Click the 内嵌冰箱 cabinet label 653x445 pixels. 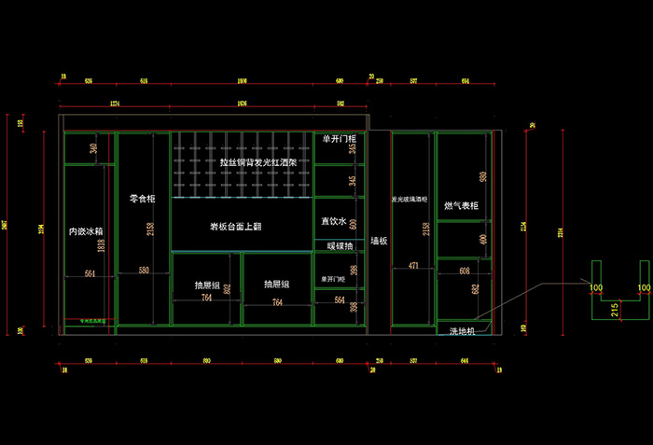point(86,230)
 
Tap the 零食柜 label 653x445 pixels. point(142,199)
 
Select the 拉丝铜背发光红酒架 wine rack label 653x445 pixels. point(258,161)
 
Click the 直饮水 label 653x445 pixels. point(333,221)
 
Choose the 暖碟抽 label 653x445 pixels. point(340,246)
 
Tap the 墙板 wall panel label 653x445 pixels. point(379,240)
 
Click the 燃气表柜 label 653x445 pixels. point(461,205)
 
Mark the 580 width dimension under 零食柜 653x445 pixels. point(143,271)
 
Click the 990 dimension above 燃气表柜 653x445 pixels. point(483,176)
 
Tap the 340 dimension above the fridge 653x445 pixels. point(93,148)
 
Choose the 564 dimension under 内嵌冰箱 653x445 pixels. point(90,273)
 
